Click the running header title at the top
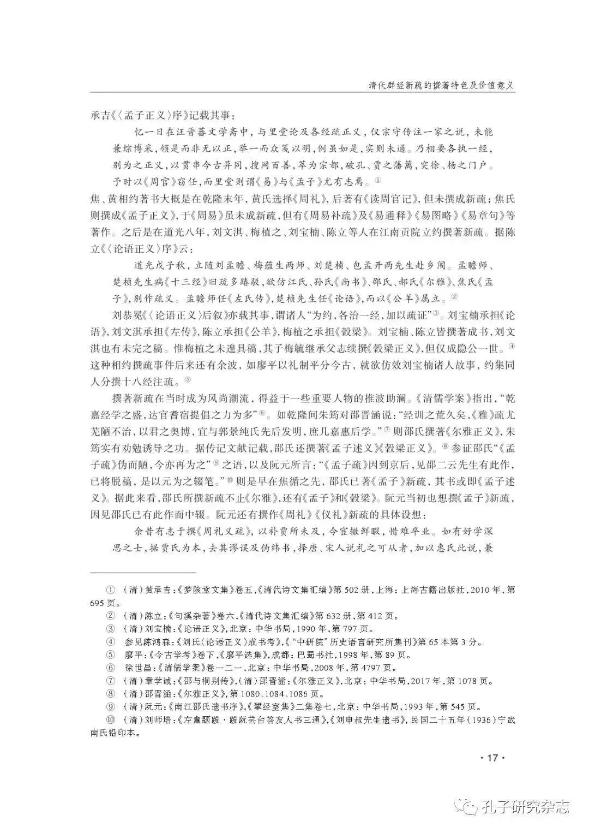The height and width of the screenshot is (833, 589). [x=434, y=85]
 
